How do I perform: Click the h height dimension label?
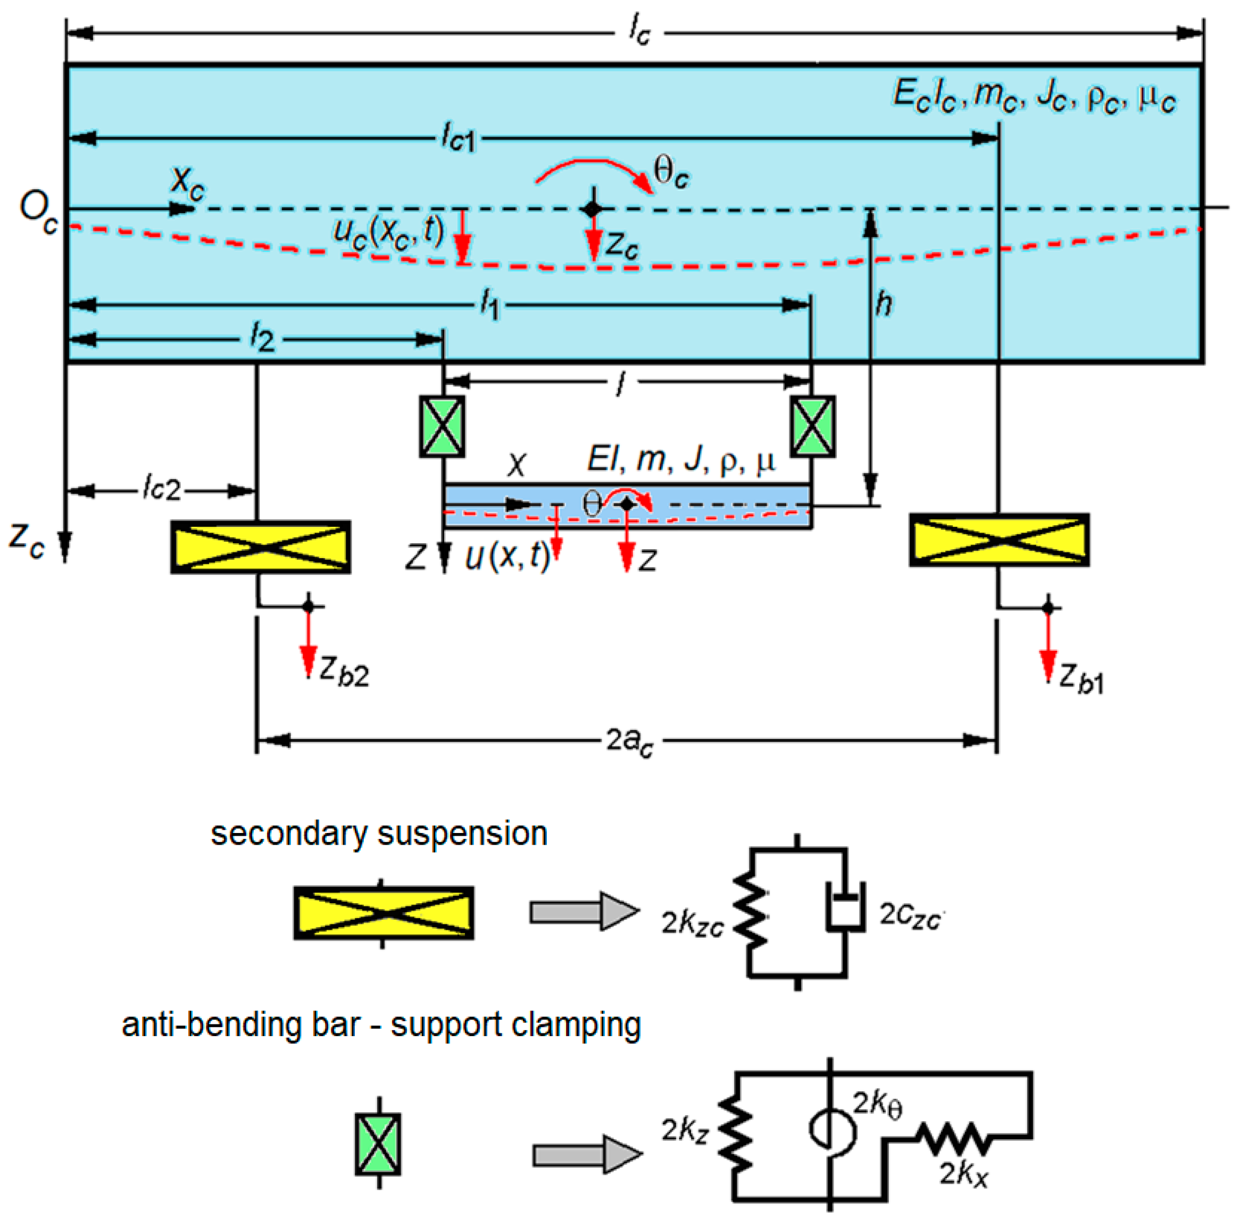[884, 303]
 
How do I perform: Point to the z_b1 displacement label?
[1080, 678]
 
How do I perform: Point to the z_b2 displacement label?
[344, 672]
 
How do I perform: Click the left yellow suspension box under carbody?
[260, 546]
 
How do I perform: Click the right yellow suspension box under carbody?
[998, 540]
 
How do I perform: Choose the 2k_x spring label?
[962, 1173]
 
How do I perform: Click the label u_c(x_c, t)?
[388, 232]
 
